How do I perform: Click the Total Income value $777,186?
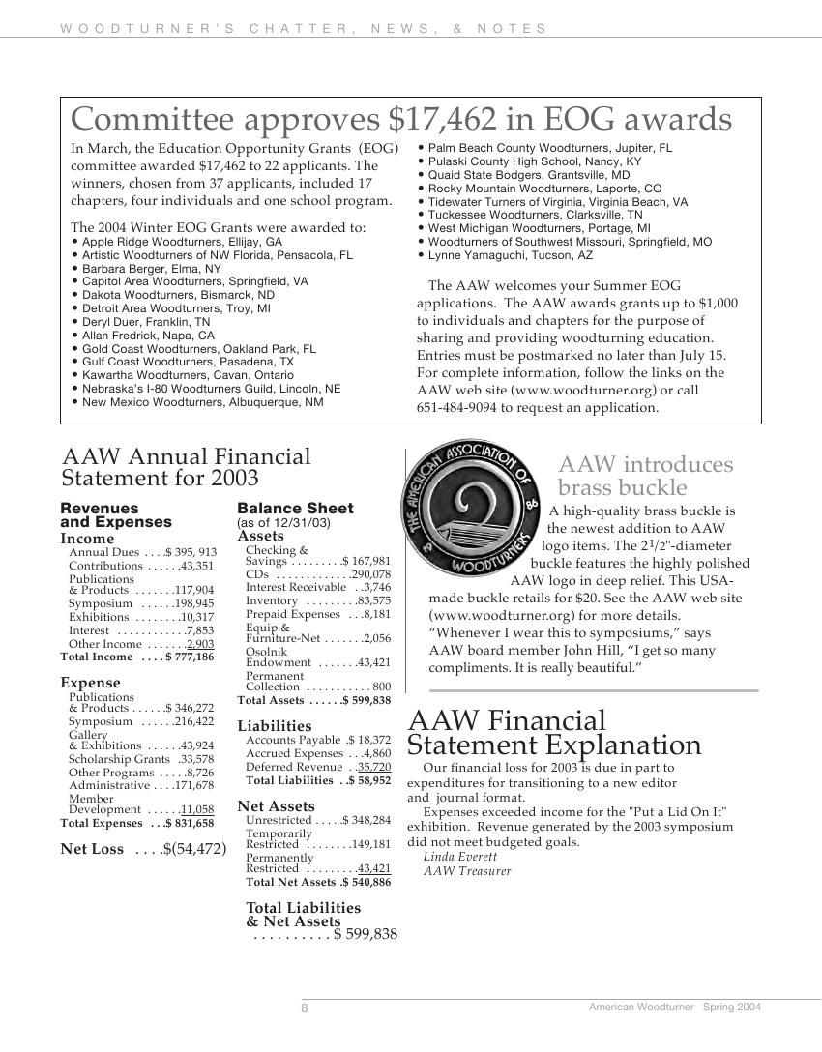click(x=191, y=657)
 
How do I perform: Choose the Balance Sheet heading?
click(x=295, y=509)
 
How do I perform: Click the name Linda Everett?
click(x=459, y=857)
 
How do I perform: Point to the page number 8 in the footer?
click(x=305, y=1008)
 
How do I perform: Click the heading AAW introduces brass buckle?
click(x=645, y=476)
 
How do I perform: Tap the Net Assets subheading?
click(x=276, y=806)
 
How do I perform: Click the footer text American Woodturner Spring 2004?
click(x=674, y=1008)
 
